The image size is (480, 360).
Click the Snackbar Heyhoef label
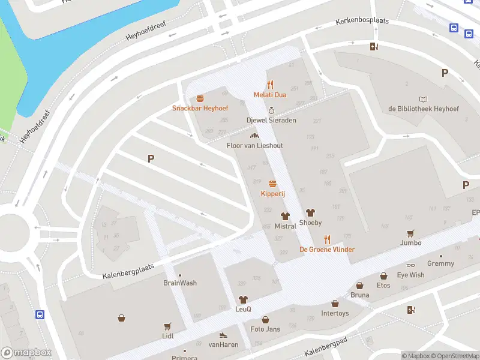199,108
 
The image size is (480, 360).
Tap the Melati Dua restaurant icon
270,85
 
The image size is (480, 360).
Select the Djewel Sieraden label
271,120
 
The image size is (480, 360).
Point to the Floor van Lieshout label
254,146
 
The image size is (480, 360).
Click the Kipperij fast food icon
272,184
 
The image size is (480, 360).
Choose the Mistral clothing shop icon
285,216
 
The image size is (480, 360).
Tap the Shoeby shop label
310,223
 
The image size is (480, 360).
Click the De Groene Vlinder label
327,250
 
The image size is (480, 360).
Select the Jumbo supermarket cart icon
411,233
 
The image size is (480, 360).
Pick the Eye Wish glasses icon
410,265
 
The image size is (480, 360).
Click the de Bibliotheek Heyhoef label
424,109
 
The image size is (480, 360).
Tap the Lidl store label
167,336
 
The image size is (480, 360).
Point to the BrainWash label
180,283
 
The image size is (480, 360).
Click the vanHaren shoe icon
223,335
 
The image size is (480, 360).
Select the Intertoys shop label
335,313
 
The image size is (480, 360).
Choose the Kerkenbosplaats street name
362,22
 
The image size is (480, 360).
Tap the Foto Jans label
265,329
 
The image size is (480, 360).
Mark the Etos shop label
383,286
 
